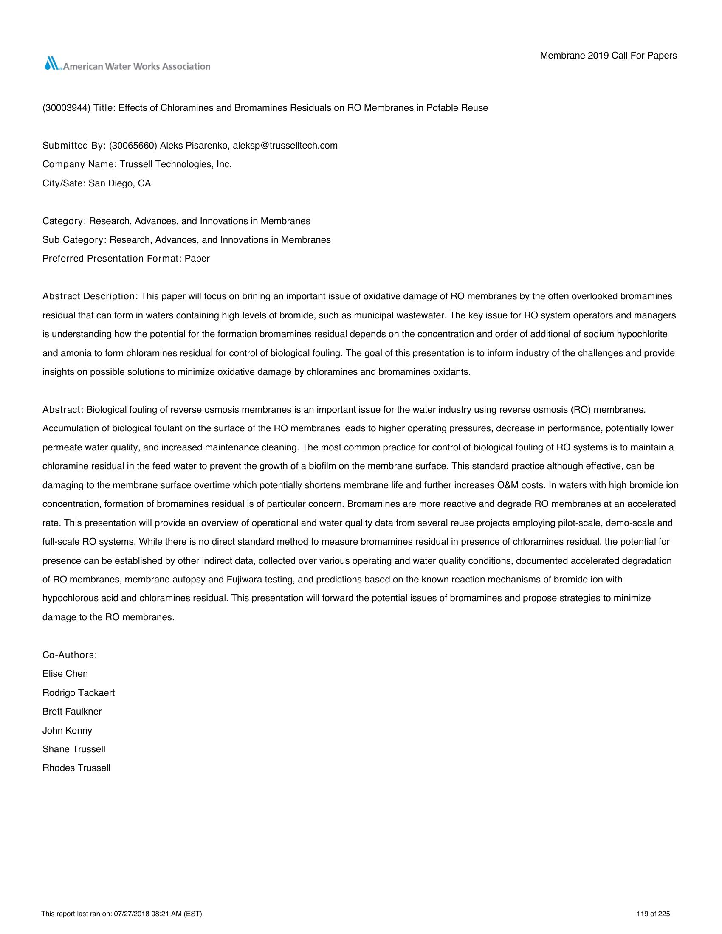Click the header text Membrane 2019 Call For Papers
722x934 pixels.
coord(608,56)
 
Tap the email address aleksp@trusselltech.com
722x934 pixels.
coord(285,146)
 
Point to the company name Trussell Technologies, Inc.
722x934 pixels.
coord(175,165)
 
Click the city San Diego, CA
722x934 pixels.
coord(120,183)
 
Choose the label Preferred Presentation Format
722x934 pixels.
coord(112,259)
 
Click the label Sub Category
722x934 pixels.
coord(73,240)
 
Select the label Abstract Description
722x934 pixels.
coord(89,296)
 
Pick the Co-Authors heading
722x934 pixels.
coord(70,655)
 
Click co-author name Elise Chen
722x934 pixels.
coord(65,674)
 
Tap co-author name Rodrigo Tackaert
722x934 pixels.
coord(79,693)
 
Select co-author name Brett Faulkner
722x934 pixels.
coord(72,712)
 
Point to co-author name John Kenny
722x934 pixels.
coord(67,731)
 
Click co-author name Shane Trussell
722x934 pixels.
coord(73,749)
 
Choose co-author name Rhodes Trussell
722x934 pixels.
coord(76,768)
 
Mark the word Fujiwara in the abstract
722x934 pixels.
coord(243,580)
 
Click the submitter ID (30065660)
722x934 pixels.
coord(133,146)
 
